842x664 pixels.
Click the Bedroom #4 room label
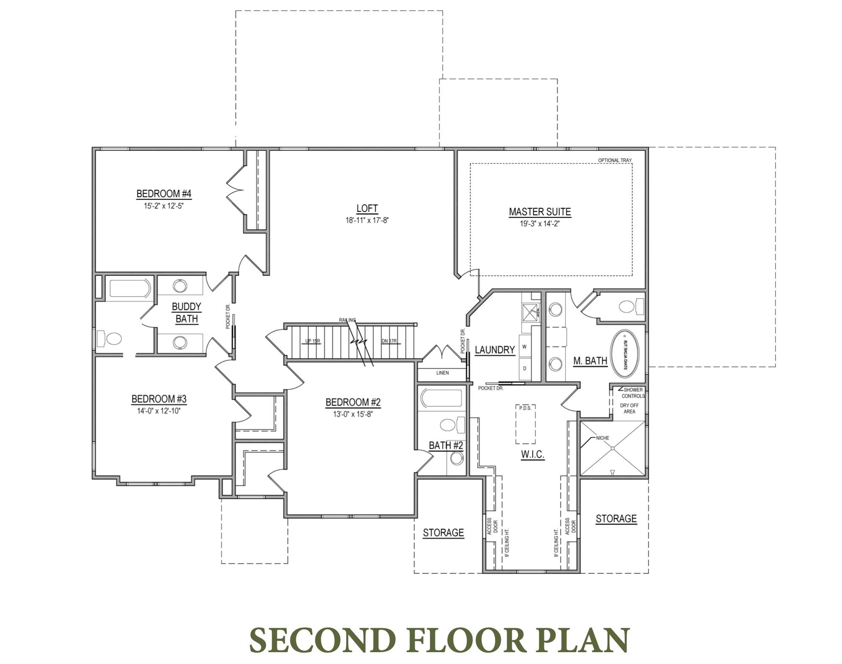click(164, 194)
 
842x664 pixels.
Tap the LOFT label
click(366, 208)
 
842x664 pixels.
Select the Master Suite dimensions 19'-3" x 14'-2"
click(539, 224)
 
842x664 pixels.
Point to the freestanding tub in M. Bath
click(628, 354)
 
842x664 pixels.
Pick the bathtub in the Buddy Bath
click(130, 288)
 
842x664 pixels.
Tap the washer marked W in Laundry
click(525, 347)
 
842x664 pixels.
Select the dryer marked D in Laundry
click(525, 368)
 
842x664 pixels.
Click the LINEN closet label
click(443, 373)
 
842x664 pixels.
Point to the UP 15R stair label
click(313, 341)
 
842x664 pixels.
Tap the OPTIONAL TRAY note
click(615, 160)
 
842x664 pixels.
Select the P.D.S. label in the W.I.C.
click(525, 408)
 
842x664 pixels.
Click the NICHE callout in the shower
click(602, 438)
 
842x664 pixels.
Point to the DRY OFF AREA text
click(629, 408)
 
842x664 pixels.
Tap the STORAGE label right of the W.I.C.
click(616, 519)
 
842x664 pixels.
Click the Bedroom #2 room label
click(353, 402)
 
